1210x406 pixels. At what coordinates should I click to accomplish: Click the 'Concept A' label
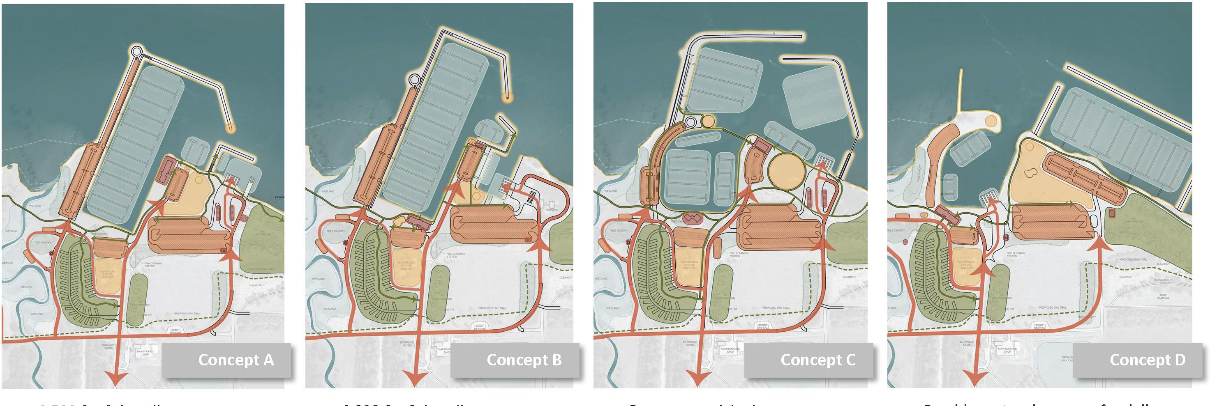236,360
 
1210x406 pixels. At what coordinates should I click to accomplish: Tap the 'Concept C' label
818,360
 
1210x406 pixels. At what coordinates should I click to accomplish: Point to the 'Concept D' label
1147,360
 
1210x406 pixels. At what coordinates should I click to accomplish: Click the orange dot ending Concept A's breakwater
230,127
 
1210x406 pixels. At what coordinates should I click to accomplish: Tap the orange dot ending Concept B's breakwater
507,97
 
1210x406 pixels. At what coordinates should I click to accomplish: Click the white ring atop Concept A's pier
137,50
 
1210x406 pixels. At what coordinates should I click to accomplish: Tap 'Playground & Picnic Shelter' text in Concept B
406,265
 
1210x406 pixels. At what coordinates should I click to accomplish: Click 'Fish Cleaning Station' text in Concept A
153,265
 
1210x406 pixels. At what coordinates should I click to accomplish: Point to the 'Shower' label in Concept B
552,210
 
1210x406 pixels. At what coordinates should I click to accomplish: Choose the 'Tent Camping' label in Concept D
1163,297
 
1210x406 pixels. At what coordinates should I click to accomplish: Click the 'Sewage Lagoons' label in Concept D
1067,359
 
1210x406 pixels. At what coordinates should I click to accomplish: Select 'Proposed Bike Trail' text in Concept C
776,308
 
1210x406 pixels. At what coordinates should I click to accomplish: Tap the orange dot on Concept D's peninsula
991,121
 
